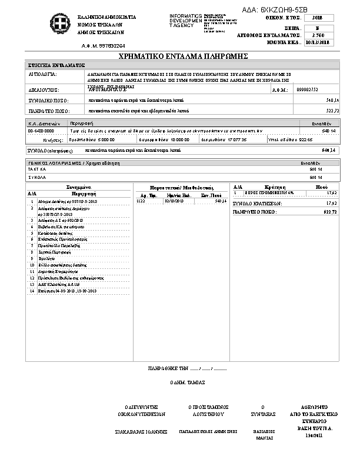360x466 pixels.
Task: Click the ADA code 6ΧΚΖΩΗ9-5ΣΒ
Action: (x=284, y=10)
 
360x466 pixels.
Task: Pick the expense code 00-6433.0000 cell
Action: (x=41, y=131)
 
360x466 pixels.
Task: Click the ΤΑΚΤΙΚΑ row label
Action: (x=37, y=169)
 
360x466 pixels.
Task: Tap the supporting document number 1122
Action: (x=141, y=201)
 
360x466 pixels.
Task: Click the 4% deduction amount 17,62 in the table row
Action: (x=331, y=192)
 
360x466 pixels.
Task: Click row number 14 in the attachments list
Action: (x=32, y=291)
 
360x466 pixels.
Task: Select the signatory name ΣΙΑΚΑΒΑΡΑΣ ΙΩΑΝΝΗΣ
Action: (x=141, y=432)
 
